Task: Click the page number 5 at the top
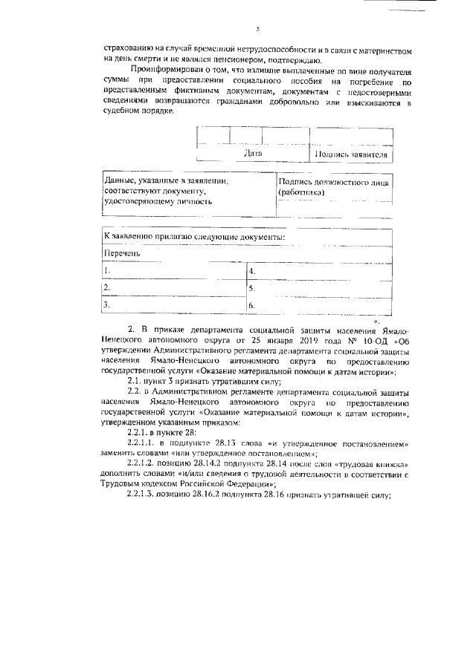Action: pyautogui.click(x=256, y=30)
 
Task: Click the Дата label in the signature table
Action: pyautogui.click(x=252, y=154)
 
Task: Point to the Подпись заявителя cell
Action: pyautogui.click(x=351, y=154)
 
